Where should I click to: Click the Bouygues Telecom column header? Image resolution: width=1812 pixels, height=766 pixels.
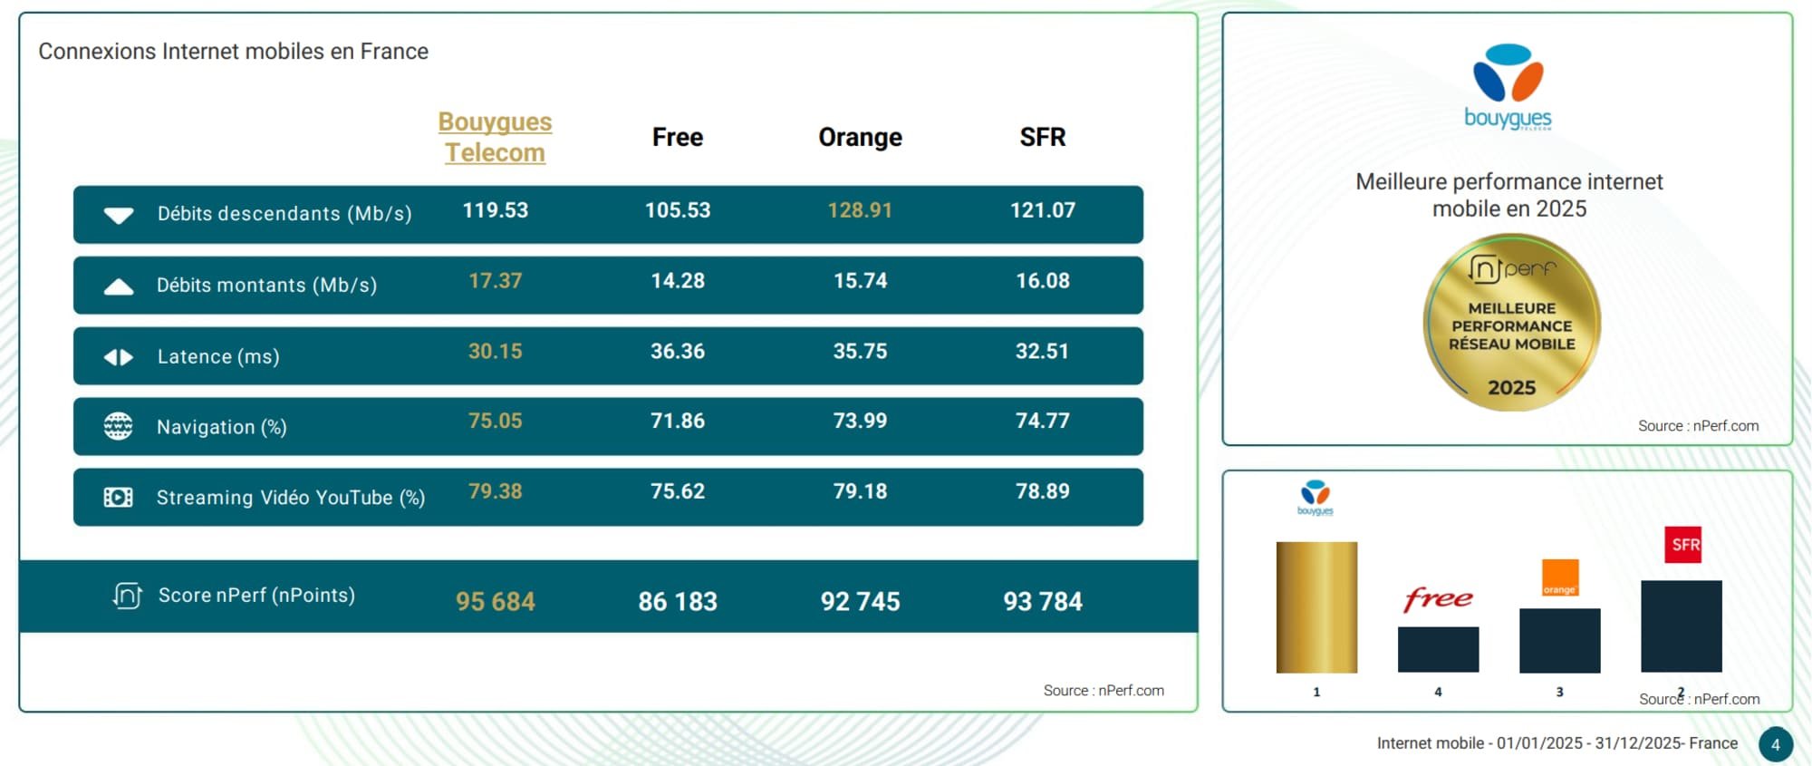(x=495, y=137)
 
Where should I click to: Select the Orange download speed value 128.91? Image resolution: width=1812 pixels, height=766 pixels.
(x=860, y=210)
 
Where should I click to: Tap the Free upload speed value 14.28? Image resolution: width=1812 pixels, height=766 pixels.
(x=678, y=281)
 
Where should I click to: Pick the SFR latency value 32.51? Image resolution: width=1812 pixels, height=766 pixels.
(x=1042, y=352)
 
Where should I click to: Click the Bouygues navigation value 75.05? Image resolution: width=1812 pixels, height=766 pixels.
(x=495, y=422)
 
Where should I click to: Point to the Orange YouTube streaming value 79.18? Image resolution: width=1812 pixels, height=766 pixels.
(x=860, y=491)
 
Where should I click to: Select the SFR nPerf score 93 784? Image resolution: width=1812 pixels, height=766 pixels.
(x=1042, y=601)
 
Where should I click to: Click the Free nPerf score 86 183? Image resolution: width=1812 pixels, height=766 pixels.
(x=678, y=601)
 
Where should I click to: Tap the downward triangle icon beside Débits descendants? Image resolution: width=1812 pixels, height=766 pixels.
(x=119, y=215)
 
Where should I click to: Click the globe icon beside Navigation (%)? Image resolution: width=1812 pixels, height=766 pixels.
(x=118, y=426)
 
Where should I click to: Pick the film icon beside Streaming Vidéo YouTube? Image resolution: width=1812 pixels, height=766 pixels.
(x=118, y=497)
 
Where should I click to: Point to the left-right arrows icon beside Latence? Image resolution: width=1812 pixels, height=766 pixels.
(x=118, y=357)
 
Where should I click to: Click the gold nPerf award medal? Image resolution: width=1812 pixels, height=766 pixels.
(x=1511, y=323)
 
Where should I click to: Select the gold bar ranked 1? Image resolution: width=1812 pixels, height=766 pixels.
(x=1316, y=607)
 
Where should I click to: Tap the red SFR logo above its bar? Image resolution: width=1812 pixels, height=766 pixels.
(x=1682, y=545)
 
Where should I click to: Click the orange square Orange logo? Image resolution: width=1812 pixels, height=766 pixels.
(x=1559, y=577)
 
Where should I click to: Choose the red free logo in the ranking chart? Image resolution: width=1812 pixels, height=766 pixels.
(x=1438, y=599)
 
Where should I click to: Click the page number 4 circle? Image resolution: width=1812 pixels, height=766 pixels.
(x=1775, y=744)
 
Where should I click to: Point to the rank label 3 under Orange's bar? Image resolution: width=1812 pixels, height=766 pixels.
(x=1559, y=692)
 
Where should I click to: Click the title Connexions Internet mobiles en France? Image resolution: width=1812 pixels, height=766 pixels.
(x=233, y=52)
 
